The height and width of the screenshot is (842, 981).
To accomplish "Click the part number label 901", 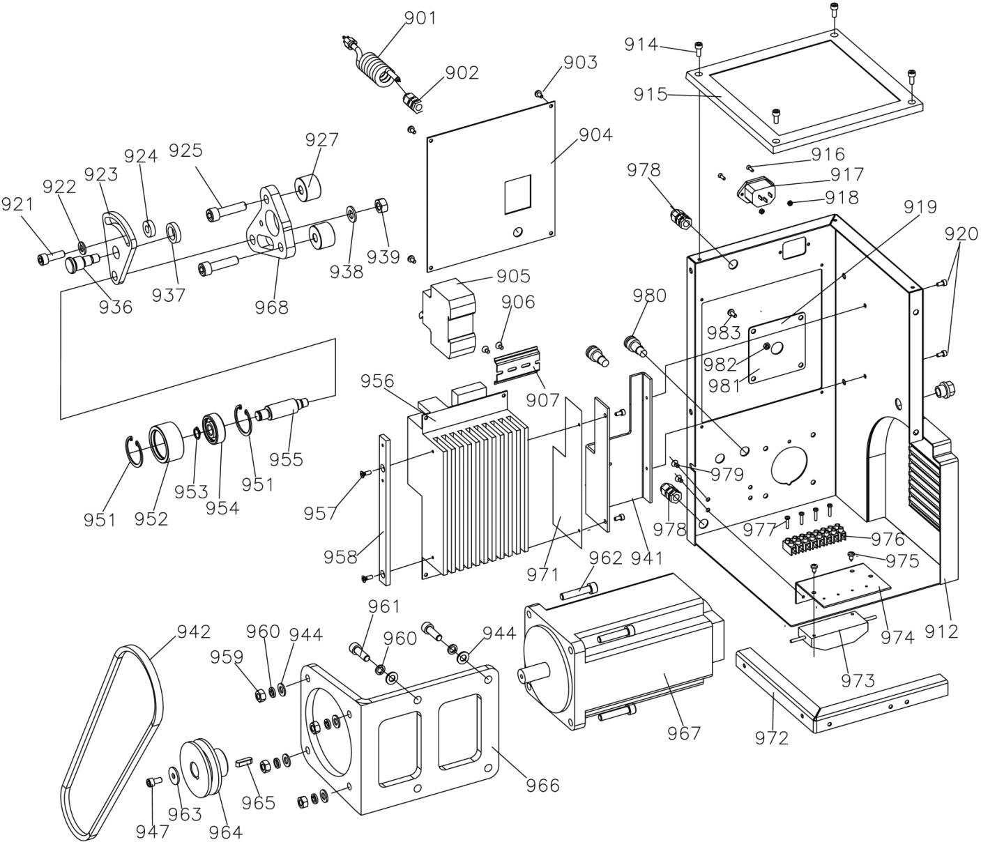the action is [420, 18].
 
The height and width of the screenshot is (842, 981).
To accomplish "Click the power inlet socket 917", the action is [756, 190].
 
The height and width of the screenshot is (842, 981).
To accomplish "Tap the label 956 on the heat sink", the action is [377, 381].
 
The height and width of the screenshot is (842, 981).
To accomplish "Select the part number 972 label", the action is [771, 739].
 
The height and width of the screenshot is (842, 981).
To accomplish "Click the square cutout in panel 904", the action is [517, 194].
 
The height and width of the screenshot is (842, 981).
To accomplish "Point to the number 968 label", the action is [271, 307].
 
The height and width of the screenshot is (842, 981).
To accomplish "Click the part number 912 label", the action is [942, 631].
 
